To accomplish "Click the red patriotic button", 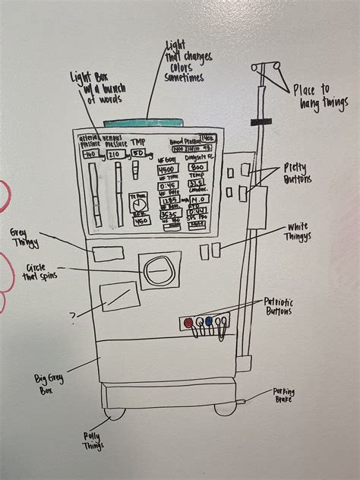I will (188, 322).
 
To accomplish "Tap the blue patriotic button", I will (209, 322).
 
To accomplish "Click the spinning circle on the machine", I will (159, 270).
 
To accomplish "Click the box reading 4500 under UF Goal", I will (168, 169).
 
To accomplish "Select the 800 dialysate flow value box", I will (198, 166).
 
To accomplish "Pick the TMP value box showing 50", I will (139, 153).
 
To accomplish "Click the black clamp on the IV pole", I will (261, 122).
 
